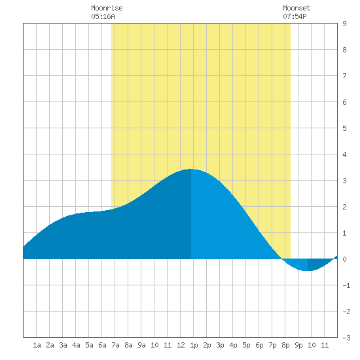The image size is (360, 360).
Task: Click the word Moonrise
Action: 107,8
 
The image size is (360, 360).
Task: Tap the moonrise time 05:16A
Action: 103,16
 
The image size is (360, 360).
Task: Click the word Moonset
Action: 297,8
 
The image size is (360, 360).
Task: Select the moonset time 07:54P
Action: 295,16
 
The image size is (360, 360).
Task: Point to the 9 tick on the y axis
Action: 344,24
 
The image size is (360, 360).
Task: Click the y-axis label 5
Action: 344,128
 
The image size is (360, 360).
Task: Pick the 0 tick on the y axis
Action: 344,259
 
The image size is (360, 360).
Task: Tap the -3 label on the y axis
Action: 346,338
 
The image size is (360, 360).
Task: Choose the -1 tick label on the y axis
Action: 346,285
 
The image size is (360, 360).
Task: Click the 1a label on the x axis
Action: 37,345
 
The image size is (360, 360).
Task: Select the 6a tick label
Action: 102,345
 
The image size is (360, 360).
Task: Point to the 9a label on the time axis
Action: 141,345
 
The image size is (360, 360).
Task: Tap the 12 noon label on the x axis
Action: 181,345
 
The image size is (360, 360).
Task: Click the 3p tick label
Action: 220,345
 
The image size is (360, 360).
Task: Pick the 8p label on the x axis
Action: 285,345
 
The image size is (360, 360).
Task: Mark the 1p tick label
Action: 194,345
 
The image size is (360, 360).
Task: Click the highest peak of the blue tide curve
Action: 191,169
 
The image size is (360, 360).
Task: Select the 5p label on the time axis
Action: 246,345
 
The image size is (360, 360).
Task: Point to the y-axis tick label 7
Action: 344,76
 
